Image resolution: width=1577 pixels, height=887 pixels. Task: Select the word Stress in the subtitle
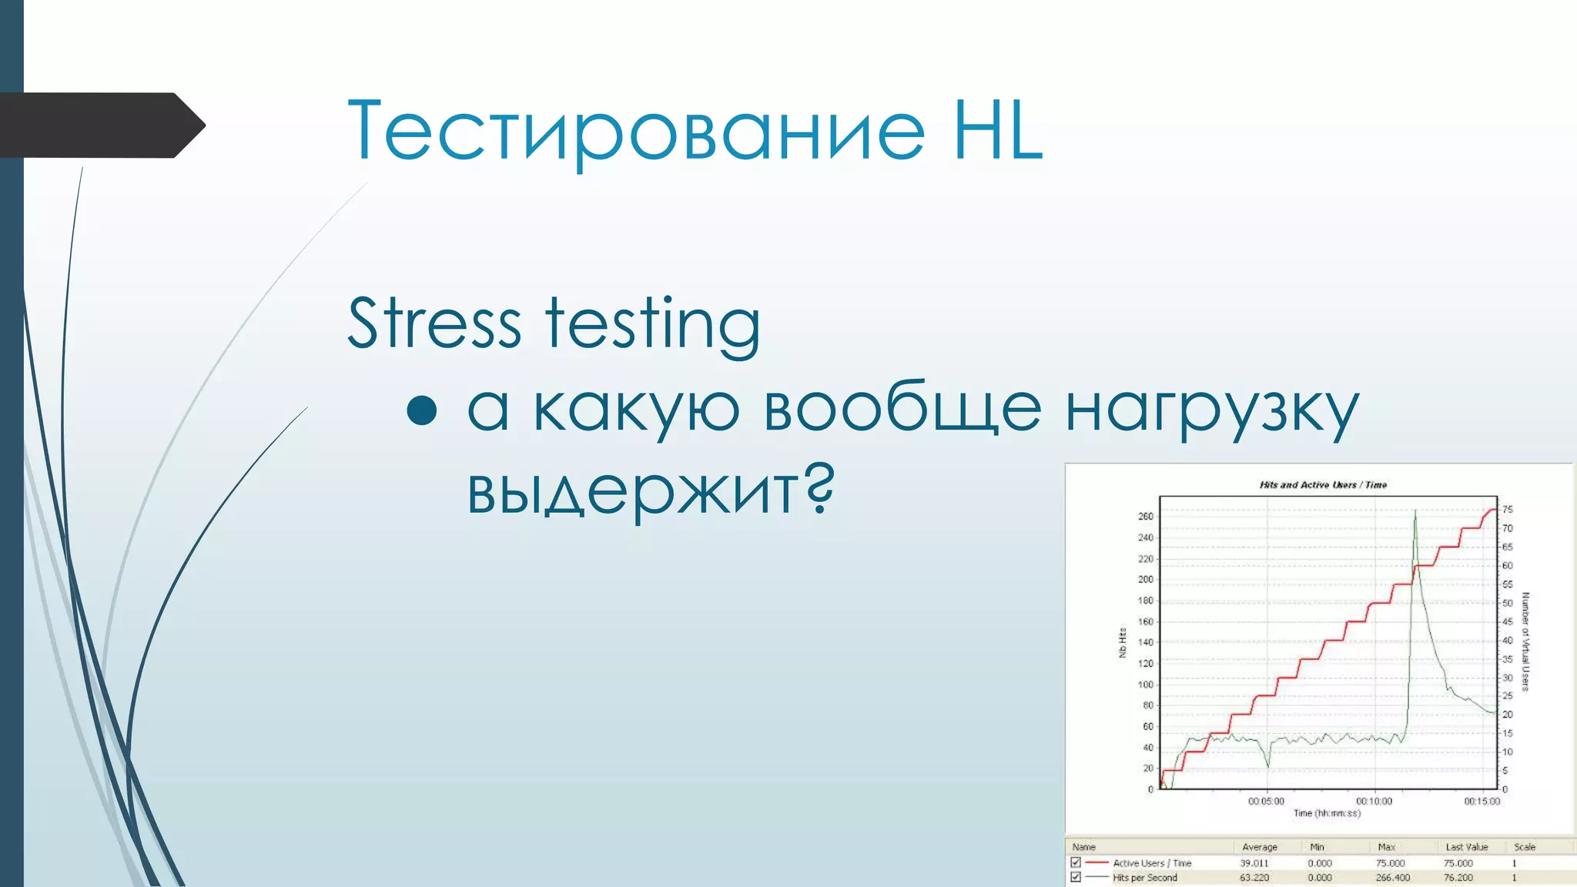[x=434, y=323]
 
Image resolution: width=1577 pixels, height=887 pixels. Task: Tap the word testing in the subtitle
[x=653, y=325]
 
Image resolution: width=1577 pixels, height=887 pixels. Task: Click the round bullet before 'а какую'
[x=422, y=410]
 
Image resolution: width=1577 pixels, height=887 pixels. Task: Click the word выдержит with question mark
[x=651, y=490]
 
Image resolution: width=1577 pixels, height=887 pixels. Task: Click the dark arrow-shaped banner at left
[x=100, y=125]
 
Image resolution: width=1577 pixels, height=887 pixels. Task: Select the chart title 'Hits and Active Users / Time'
[x=1323, y=485]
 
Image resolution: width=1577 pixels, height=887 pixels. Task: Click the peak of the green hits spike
[x=1415, y=511]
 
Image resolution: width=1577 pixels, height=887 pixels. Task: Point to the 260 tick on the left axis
[x=1146, y=517]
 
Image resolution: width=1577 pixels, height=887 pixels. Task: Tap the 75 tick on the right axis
[x=1507, y=510]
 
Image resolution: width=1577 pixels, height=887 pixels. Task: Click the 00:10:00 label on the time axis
[x=1374, y=802]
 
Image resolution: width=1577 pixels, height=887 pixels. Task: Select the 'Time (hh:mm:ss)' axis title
[x=1327, y=813]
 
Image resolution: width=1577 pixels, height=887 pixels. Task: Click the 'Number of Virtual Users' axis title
[x=1525, y=641]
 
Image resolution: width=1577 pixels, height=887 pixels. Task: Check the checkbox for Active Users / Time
[x=1076, y=863]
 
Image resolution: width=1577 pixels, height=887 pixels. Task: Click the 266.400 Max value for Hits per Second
[x=1392, y=878]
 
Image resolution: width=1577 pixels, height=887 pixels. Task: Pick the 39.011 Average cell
[x=1254, y=864]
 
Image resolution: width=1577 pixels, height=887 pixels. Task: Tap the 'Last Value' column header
[x=1466, y=847]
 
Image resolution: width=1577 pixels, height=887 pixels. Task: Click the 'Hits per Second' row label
[x=1144, y=878]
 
